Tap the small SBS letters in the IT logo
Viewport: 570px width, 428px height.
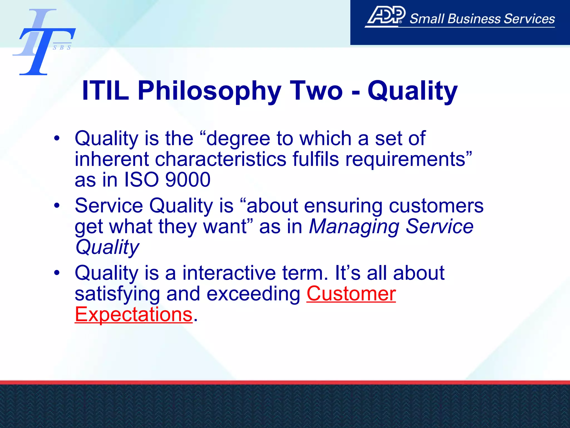(x=62, y=48)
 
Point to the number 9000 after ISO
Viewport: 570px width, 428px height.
(x=188, y=180)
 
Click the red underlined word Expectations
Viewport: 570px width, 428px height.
(x=134, y=315)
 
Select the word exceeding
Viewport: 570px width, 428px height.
(x=253, y=294)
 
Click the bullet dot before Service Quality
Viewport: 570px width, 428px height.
(x=57, y=206)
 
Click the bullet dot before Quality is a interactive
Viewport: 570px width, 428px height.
(x=57, y=273)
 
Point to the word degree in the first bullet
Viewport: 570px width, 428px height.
(x=238, y=139)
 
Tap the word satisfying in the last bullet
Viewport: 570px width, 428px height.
(x=117, y=294)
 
